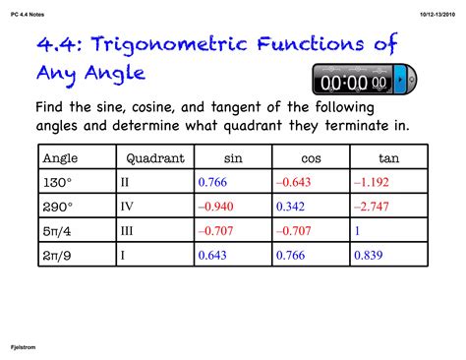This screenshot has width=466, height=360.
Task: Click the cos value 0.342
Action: coord(291,207)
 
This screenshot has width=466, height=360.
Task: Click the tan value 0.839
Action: coord(368,256)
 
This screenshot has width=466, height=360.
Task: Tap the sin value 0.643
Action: coord(213,256)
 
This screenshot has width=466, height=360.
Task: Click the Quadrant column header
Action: coord(155,157)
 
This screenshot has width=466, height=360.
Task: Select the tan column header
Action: coord(389,157)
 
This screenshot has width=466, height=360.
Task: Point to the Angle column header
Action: coord(60,157)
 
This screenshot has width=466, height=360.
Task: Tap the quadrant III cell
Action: coord(128,231)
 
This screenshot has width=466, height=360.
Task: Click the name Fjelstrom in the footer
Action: coord(28,347)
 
